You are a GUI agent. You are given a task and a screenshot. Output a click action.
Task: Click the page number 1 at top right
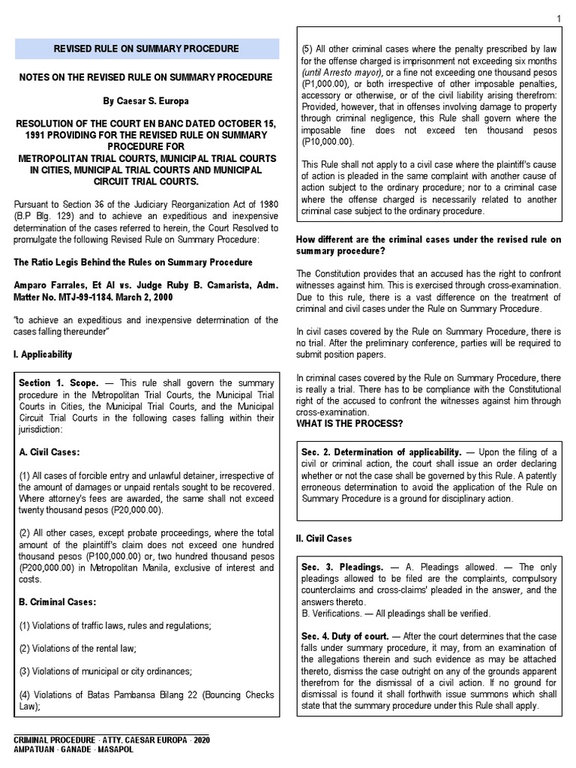(x=559, y=19)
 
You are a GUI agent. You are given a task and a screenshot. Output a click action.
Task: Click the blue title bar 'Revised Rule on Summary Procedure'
(x=146, y=49)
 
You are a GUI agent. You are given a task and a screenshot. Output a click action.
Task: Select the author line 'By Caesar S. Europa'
(x=146, y=100)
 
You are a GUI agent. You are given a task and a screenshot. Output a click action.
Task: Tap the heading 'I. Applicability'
(x=43, y=354)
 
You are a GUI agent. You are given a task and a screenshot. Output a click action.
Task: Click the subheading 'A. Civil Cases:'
(x=49, y=451)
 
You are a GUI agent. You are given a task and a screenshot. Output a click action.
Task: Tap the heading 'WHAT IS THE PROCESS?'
(x=349, y=424)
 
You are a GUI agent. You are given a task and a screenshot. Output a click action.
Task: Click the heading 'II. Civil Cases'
(x=324, y=538)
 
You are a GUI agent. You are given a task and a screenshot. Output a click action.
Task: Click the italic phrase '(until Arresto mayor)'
(x=341, y=72)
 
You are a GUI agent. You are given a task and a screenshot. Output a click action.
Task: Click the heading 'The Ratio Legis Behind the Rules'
(x=133, y=262)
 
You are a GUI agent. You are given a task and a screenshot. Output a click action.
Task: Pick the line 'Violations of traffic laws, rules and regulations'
(x=115, y=625)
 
